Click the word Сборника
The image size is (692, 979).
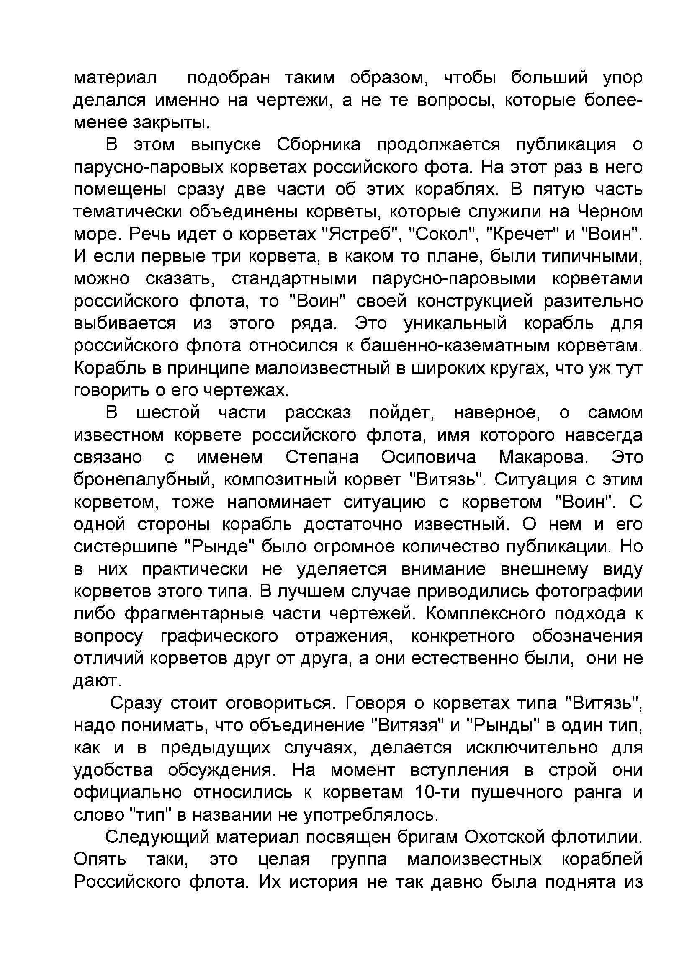(x=318, y=144)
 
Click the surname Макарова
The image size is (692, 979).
(x=543, y=457)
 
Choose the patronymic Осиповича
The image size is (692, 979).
(x=428, y=457)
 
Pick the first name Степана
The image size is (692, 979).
(x=322, y=457)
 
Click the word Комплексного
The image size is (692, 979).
(x=485, y=613)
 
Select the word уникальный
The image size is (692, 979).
(x=455, y=323)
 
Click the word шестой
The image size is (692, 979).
(x=168, y=412)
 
